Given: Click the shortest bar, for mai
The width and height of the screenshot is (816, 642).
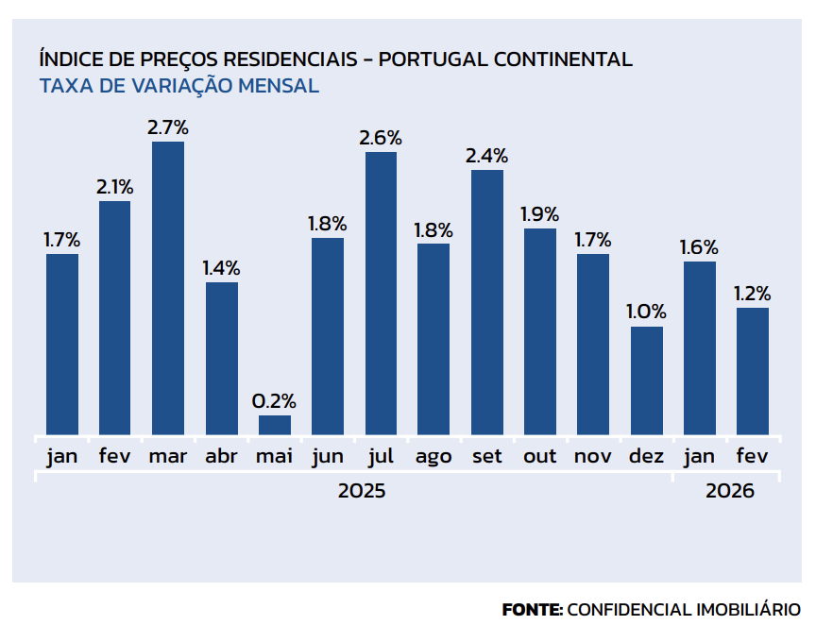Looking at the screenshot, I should (275, 425).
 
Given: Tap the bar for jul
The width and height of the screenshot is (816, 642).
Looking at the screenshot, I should (381, 293).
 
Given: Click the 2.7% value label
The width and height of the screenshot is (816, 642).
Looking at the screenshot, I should (168, 127).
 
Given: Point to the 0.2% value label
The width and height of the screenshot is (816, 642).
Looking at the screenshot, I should (275, 400).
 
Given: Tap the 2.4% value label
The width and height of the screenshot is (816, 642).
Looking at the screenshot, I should (487, 155).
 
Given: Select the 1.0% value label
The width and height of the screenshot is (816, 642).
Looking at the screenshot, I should (647, 312).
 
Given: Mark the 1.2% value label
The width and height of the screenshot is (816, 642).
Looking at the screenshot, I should (753, 293).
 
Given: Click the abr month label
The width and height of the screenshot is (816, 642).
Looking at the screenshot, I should (222, 457).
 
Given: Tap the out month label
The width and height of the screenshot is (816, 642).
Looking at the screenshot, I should (540, 457).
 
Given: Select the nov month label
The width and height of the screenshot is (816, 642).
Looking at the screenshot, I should (593, 457).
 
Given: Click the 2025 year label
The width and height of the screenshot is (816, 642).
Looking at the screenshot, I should (362, 492).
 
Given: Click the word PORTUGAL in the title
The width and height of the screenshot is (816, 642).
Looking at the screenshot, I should (431, 59).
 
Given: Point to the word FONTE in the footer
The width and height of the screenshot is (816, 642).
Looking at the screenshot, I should (532, 610).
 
